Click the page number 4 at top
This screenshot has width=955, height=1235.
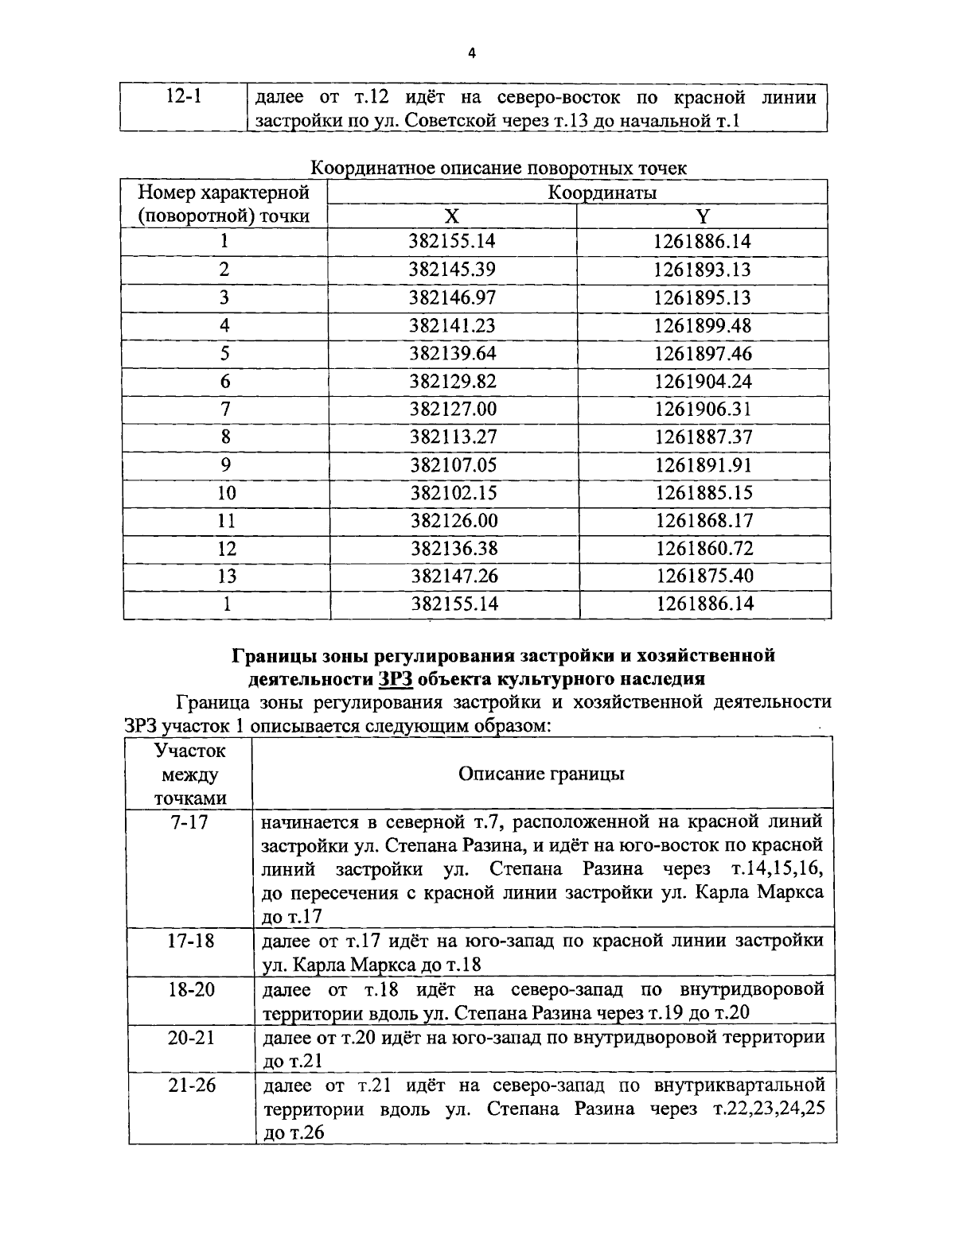click(x=472, y=53)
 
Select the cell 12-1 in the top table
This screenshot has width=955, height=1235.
click(x=184, y=98)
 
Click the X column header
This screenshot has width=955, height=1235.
click(x=451, y=216)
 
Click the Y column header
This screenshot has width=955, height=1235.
click(x=702, y=216)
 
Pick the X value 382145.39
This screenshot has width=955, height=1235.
click(x=453, y=270)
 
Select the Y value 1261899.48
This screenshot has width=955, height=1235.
click(x=703, y=325)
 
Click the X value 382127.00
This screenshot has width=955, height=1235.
click(x=453, y=409)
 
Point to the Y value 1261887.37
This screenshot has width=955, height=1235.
click(x=704, y=437)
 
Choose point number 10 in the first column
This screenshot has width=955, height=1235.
click(x=226, y=493)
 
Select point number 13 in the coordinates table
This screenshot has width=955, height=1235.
click(x=226, y=576)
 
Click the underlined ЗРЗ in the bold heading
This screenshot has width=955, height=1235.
click(x=396, y=679)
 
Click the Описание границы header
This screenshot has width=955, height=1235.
click(x=541, y=774)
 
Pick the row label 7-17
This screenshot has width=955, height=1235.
click(x=189, y=822)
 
